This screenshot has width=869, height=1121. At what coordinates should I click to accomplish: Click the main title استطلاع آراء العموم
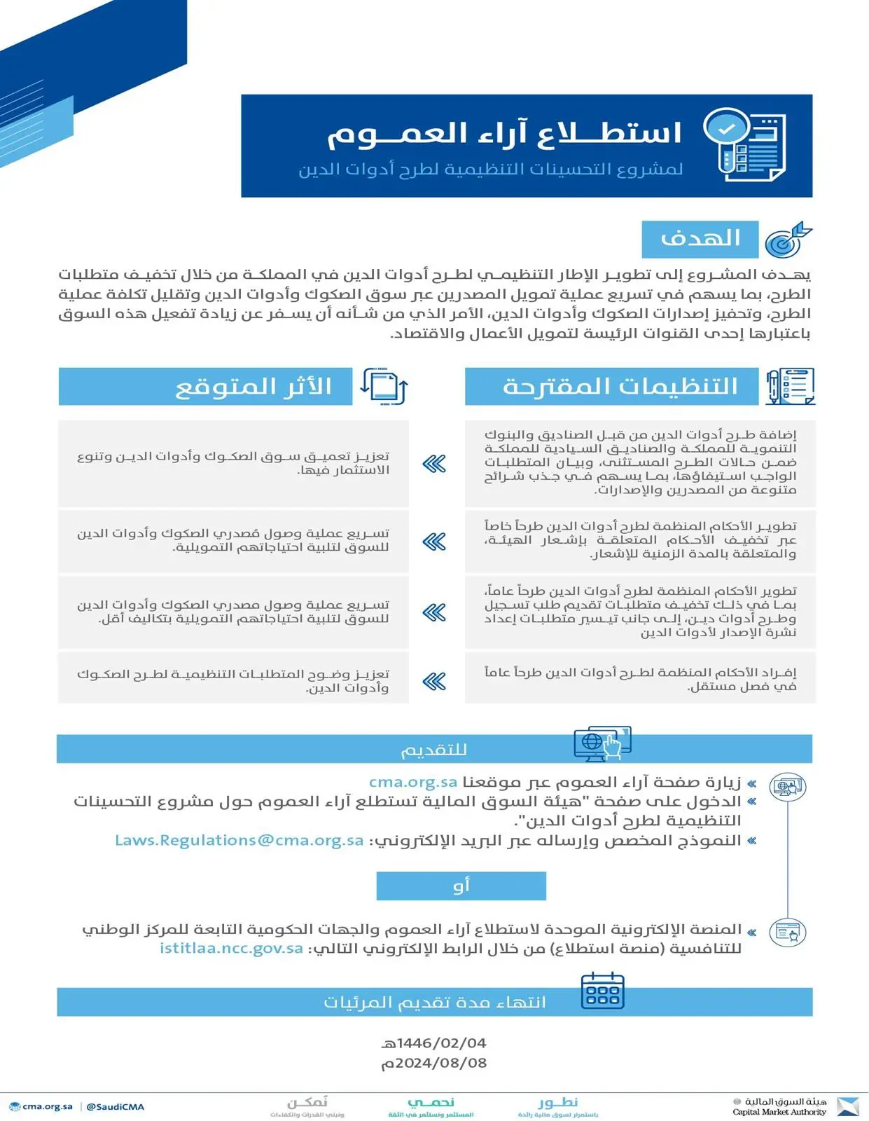[x=504, y=134]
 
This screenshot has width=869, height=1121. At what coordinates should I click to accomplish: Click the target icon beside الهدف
[x=787, y=240]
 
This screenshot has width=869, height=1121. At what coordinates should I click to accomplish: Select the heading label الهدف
[x=700, y=240]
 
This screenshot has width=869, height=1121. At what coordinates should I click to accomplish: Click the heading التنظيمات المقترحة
[x=620, y=387]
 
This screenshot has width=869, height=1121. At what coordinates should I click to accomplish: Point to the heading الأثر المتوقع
[x=253, y=387]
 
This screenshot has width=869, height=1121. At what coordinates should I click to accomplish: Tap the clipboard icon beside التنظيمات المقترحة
[x=790, y=386]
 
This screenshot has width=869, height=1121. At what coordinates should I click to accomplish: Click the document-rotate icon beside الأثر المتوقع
[x=384, y=386]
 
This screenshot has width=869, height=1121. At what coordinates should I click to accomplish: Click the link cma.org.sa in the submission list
[x=413, y=782]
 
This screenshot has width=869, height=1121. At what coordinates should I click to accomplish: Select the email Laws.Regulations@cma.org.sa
[x=239, y=840]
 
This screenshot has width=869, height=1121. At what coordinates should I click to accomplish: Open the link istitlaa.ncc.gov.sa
[x=231, y=948]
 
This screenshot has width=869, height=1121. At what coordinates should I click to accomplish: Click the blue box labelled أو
[x=461, y=886]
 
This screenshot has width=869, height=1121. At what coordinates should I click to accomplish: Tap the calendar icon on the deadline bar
[x=602, y=991]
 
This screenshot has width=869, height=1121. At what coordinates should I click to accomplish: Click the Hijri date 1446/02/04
[x=434, y=1043]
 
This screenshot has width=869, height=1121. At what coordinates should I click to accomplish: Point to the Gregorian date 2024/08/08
[x=434, y=1063]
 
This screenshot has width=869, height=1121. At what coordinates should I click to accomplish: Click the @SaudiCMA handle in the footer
[x=116, y=1107]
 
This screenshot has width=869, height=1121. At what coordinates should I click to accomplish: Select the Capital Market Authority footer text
[x=779, y=1112]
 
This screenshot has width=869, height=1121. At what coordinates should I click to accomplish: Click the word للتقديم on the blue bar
[x=433, y=750]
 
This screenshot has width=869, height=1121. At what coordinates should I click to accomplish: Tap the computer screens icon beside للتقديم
[x=602, y=743]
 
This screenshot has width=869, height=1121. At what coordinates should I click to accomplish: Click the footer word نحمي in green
[x=431, y=1102]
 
